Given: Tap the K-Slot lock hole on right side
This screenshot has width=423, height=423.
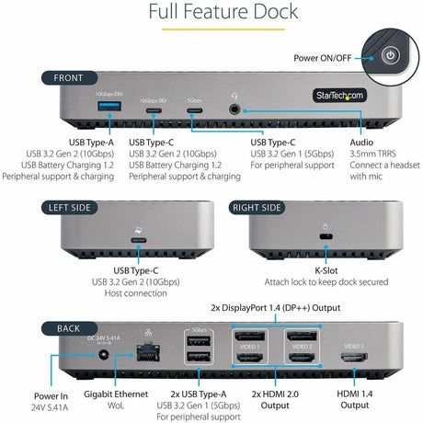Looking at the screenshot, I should coord(325,238).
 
